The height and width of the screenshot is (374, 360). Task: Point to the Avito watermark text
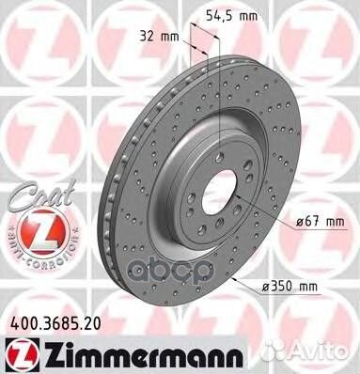coord(324,353)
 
